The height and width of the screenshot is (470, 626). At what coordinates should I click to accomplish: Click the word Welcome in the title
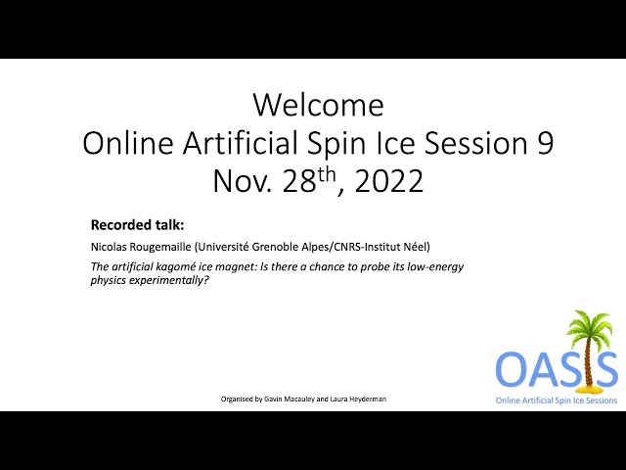(318, 105)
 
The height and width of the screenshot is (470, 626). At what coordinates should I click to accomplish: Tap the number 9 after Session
(544, 143)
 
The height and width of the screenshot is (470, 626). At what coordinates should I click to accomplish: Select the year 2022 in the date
(388, 180)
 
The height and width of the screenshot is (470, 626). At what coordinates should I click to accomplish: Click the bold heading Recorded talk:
(137, 225)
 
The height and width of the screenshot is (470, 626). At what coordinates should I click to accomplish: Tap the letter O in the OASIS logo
(513, 368)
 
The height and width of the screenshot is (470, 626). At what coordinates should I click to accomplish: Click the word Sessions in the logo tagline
(600, 400)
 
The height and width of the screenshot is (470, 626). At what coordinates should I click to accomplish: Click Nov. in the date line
(243, 181)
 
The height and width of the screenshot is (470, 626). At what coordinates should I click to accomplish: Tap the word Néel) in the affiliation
(417, 247)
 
